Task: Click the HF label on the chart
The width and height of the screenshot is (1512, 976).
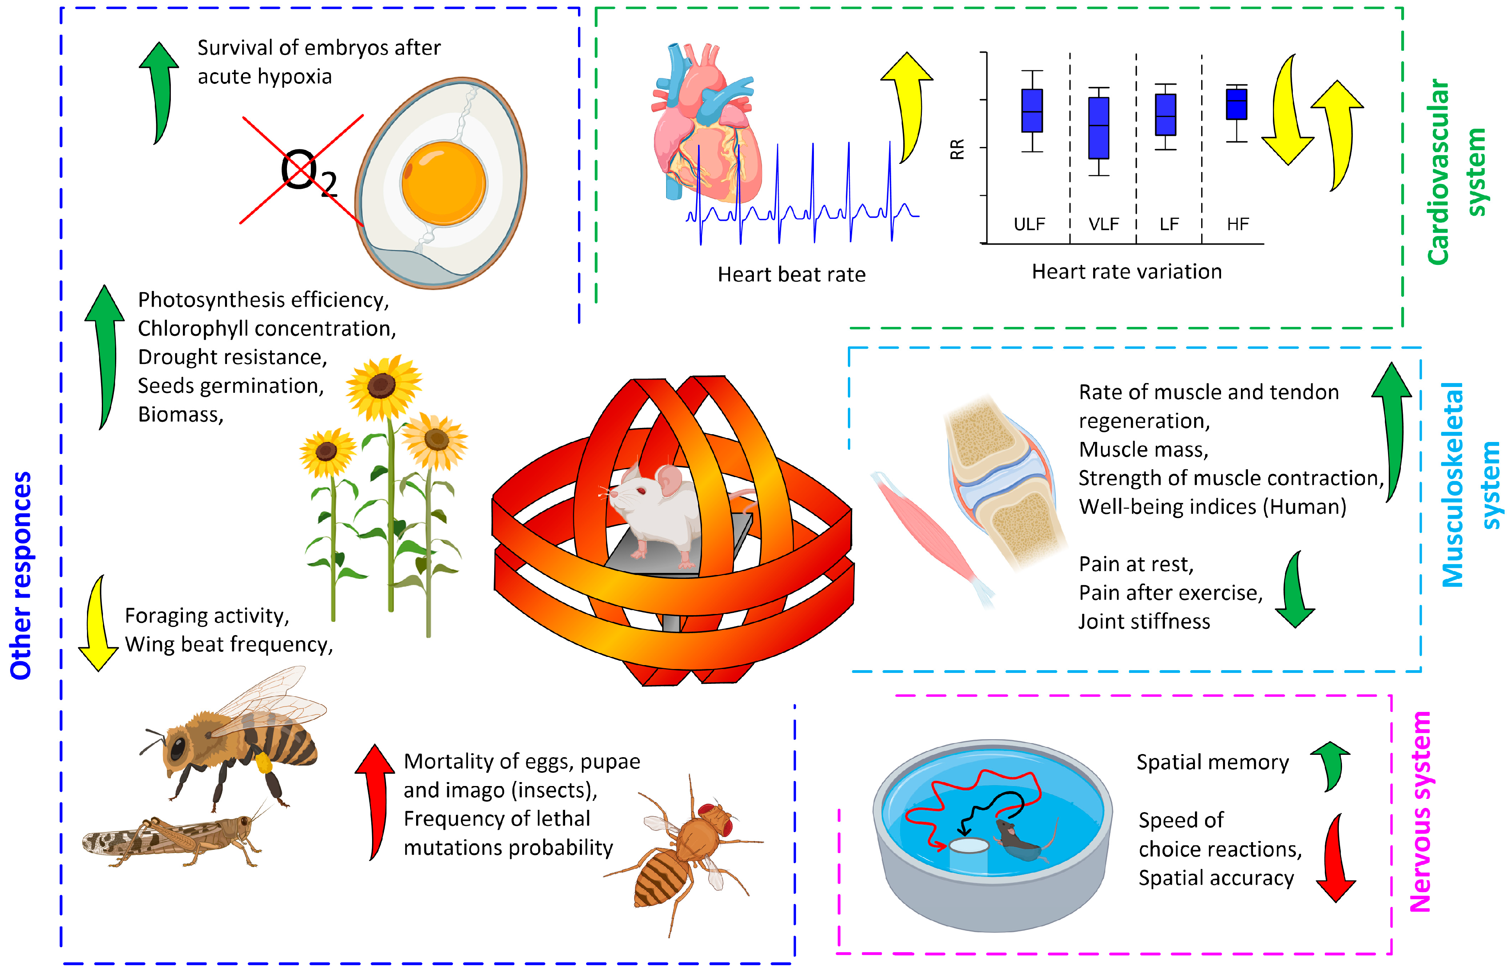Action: click(1237, 224)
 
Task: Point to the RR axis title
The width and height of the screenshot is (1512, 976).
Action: click(957, 149)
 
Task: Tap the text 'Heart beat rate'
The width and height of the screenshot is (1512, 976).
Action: click(791, 274)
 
